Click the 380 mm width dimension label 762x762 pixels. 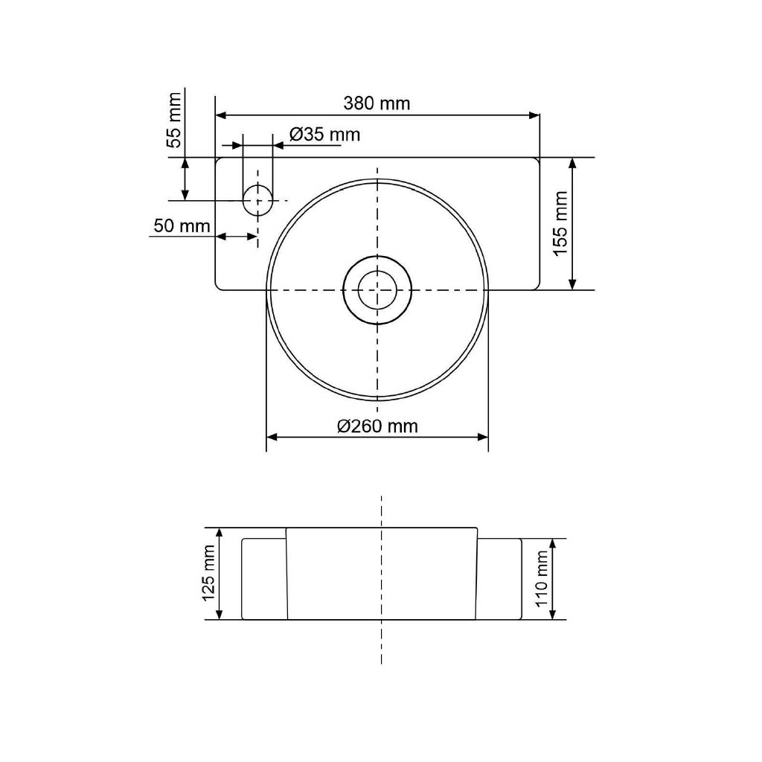[377, 103]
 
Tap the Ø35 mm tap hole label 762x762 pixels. [324, 134]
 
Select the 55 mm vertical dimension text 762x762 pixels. [174, 120]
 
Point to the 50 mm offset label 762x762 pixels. [182, 225]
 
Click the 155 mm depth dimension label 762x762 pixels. [560, 223]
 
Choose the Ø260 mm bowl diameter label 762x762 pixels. [377, 426]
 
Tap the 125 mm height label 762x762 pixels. [208, 573]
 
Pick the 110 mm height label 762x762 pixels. [542, 579]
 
